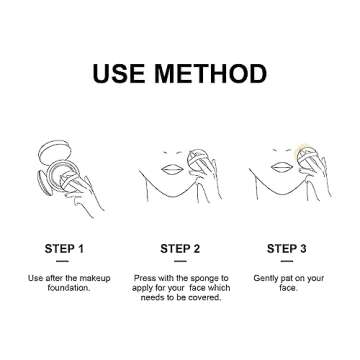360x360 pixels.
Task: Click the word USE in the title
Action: pos(118,74)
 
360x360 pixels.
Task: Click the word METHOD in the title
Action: pos(211,74)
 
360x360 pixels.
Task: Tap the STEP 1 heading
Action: pos(64,249)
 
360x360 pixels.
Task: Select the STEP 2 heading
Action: pos(180,249)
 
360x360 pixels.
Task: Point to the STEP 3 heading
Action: pos(287,249)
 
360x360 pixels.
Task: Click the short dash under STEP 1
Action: pos(62,261)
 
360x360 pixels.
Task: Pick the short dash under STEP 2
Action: pos(180,261)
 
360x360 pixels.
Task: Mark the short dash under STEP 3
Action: pos(287,261)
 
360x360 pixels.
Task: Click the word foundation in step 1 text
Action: pos(69,288)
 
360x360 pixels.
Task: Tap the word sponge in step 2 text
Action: pos(204,279)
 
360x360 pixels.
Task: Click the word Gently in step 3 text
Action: pos(265,279)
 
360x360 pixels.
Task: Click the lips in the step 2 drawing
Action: pos(172,169)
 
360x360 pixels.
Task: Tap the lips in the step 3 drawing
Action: pos(282,168)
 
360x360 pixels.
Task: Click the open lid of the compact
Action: pos(55,151)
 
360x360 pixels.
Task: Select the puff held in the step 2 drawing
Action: pos(197,159)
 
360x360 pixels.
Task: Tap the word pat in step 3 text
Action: pos(287,279)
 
